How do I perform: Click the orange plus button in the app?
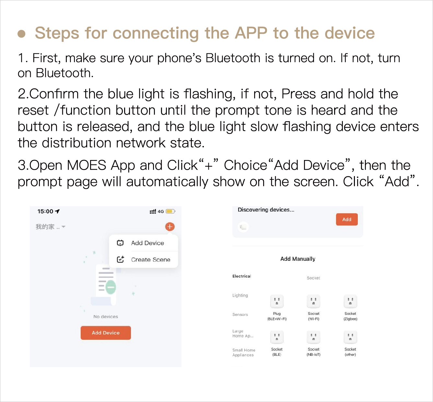tap(170, 227)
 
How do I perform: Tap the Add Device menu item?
tap(147, 243)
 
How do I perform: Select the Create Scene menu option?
tap(150, 259)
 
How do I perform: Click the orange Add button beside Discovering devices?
tap(346, 219)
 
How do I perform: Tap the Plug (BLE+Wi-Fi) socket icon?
tap(277, 301)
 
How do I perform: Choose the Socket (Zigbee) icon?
tap(350, 301)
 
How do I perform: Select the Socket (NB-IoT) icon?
tap(313, 337)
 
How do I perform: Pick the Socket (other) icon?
tap(350, 337)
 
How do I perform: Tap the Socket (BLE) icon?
tap(277, 337)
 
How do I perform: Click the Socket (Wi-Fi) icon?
tap(313, 301)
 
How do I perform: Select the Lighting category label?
tap(240, 295)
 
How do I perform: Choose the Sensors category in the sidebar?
tap(240, 315)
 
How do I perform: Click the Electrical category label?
tap(242, 276)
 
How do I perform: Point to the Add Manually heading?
tap(298, 259)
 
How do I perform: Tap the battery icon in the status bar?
tap(170, 211)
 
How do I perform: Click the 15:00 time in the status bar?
tap(45, 212)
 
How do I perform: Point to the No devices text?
tap(106, 316)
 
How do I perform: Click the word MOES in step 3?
tap(87, 166)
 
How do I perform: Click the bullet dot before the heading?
tap(21, 34)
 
